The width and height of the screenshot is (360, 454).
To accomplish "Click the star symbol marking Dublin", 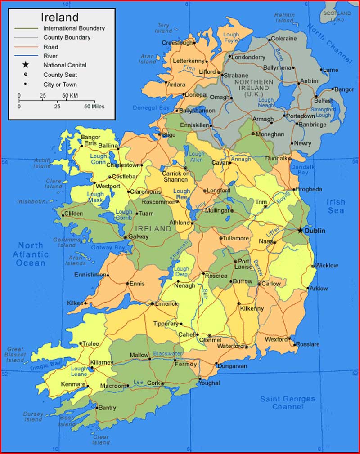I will pos(300,230).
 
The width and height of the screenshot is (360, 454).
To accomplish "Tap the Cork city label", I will pos(153,383).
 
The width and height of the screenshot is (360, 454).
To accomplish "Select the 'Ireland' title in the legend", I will pos(60,17).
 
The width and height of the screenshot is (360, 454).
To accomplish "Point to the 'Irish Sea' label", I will pos(336,206).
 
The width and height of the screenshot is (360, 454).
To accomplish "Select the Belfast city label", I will pos(324,101).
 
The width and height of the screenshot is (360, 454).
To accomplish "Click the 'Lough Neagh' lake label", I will pos(265,103).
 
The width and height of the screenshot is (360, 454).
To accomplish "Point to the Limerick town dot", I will pos(153,304).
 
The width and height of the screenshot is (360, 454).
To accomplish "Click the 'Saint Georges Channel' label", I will pos(288,403).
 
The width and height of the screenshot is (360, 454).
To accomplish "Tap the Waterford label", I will pos(230,346).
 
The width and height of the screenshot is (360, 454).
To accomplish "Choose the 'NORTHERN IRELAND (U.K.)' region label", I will pos(253,88).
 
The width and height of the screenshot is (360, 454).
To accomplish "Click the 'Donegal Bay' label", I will pos(151,108).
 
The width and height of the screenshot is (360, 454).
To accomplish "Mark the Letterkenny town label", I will pos(189,61).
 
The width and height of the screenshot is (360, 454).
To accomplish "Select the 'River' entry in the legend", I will pos(50,56).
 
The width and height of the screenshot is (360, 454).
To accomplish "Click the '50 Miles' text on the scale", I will pos(94,107).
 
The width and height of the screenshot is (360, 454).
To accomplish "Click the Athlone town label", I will pos(180,223).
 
